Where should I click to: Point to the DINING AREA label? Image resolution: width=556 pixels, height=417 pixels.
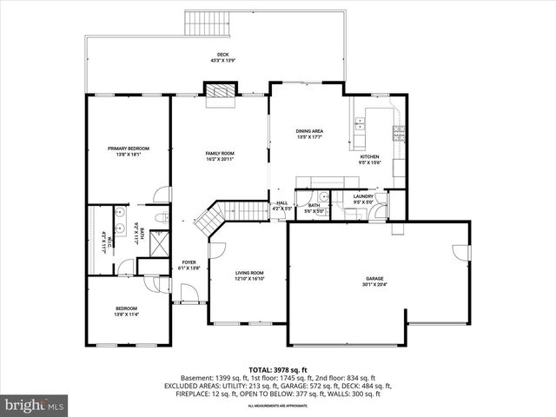[x=310, y=131]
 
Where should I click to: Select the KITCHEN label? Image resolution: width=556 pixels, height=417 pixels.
[x=370, y=156]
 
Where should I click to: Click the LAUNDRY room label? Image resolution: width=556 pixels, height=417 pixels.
[x=363, y=196]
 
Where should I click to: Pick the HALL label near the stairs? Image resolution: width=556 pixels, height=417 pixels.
[x=282, y=203]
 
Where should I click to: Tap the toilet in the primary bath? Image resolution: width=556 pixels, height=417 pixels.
[x=161, y=216]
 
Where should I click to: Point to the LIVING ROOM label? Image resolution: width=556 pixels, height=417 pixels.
[x=248, y=274]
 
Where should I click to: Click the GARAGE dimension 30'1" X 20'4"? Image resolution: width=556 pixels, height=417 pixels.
[x=375, y=285]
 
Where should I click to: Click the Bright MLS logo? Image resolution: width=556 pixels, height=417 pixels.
[x=35, y=406]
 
